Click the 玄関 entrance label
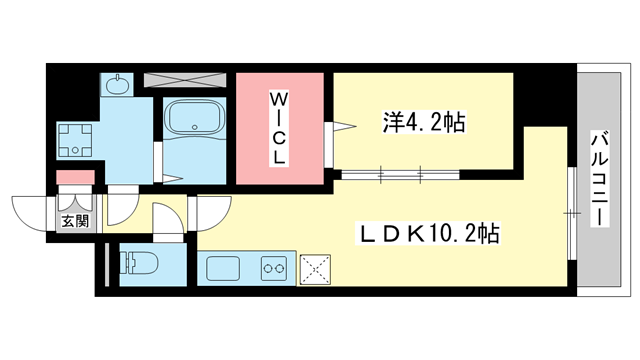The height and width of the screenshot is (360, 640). click(75, 221)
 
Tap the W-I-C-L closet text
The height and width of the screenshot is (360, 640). click(279, 127)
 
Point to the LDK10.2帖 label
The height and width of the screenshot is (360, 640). click(430, 234)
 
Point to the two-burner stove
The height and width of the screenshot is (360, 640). click(275, 268)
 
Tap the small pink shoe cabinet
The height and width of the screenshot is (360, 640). click(75, 178)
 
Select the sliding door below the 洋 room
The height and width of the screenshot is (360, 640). click(400, 175)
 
